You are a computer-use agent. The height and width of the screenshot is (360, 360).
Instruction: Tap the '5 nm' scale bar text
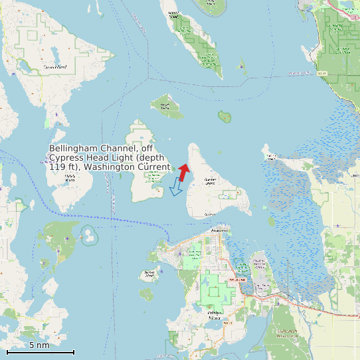[x=39, y=345]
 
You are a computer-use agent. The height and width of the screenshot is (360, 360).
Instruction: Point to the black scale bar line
[x=40, y=352]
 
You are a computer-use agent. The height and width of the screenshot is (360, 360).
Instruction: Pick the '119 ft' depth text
[x=63, y=167]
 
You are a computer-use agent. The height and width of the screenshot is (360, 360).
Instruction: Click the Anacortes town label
[x=220, y=230]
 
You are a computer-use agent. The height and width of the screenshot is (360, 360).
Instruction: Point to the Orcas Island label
[x=54, y=67]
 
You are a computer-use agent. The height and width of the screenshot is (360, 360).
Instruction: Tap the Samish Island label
[x=271, y=156]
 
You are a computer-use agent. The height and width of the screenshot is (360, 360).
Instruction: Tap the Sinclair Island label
[x=166, y=105]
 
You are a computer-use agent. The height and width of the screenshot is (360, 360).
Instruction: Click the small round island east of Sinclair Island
[x=225, y=117]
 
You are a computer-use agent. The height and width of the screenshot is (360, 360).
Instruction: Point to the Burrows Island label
[x=150, y=273]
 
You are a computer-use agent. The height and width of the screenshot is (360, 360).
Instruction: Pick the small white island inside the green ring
[x=88, y=235]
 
